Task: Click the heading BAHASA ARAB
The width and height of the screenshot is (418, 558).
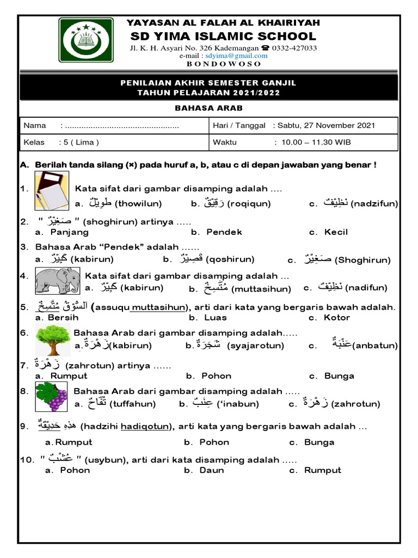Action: (x=208, y=108)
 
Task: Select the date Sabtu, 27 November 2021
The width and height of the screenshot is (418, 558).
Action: (x=326, y=125)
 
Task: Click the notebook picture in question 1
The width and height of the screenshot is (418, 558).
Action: (x=52, y=190)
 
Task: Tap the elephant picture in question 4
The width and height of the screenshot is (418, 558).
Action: (x=57, y=281)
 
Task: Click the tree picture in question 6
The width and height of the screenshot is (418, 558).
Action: (x=53, y=339)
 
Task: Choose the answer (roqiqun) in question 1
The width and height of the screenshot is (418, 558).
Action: (x=249, y=204)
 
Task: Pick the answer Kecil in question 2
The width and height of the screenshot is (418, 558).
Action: (x=335, y=232)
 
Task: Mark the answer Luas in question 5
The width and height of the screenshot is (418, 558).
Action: (x=215, y=318)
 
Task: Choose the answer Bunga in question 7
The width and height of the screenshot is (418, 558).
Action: (x=339, y=376)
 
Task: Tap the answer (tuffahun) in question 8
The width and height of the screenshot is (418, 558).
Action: (x=132, y=404)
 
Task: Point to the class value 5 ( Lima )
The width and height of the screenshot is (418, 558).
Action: (x=79, y=143)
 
